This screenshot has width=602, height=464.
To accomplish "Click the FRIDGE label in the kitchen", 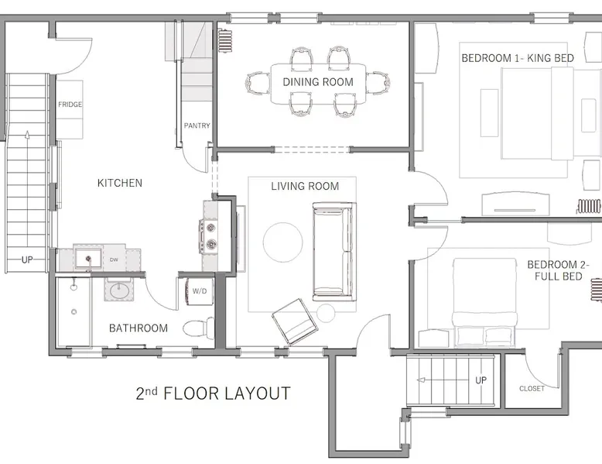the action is coord(70,105).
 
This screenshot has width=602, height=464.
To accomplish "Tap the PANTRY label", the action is coord(197,125).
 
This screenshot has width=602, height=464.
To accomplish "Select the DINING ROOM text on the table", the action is coord(318,82).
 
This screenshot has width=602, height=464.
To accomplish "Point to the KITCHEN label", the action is coord(120,183).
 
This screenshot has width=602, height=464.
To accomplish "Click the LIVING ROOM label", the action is coord(305,187).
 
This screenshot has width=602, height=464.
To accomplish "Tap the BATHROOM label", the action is coord(139,328).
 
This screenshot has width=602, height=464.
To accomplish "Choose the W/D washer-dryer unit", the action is coord(200,291).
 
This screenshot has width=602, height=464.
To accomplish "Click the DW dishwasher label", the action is coord(114,259).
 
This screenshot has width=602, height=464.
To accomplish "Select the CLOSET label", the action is coord(532,389).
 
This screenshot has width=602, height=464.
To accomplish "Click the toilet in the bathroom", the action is coord(199,328).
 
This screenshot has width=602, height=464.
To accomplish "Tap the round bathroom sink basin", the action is coord(119,291).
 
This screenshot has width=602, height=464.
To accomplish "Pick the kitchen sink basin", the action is coord(88,258).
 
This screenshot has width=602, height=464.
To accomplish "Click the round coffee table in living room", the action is coord(283,242).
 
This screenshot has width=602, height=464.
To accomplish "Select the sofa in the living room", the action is coord(333,252).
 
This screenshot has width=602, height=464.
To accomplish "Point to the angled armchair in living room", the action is coord(295,321).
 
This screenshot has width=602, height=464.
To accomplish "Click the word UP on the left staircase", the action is coord(27,259).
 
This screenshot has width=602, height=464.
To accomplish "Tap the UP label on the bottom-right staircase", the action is coord(481,380).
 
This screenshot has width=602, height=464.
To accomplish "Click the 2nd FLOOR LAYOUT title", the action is coord(213,394).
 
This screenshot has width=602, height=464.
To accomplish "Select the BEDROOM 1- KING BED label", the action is coord(518,58).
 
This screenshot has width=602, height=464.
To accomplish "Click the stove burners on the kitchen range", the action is coord(210,236).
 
